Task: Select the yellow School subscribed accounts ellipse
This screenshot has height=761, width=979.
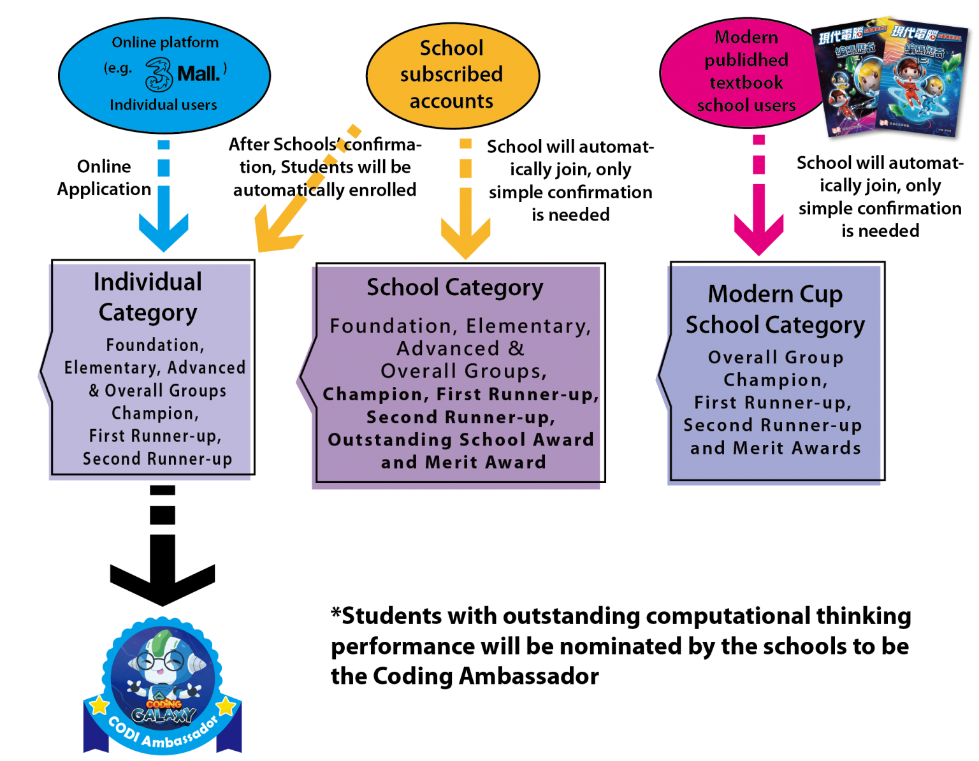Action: click(x=452, y=75)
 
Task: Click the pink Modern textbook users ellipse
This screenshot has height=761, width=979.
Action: click(x=743, y=71)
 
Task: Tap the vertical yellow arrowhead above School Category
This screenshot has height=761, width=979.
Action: click(x=466, y=236)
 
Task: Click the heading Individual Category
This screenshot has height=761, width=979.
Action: click(x=148, y=296)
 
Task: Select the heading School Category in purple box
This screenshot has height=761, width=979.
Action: click(x=454, y=287)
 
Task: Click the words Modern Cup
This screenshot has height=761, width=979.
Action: click(x=775, y=294)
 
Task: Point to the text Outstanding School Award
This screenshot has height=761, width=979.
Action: click(x=460, y=440)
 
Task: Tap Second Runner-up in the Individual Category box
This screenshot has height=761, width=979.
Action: click(x=157, y=459)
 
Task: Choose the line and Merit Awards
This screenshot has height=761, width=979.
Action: click(x=775, y=448)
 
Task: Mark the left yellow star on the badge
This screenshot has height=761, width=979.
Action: click(x=99, y=705)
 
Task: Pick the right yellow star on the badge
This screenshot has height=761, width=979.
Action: click(x=227, y=706)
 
